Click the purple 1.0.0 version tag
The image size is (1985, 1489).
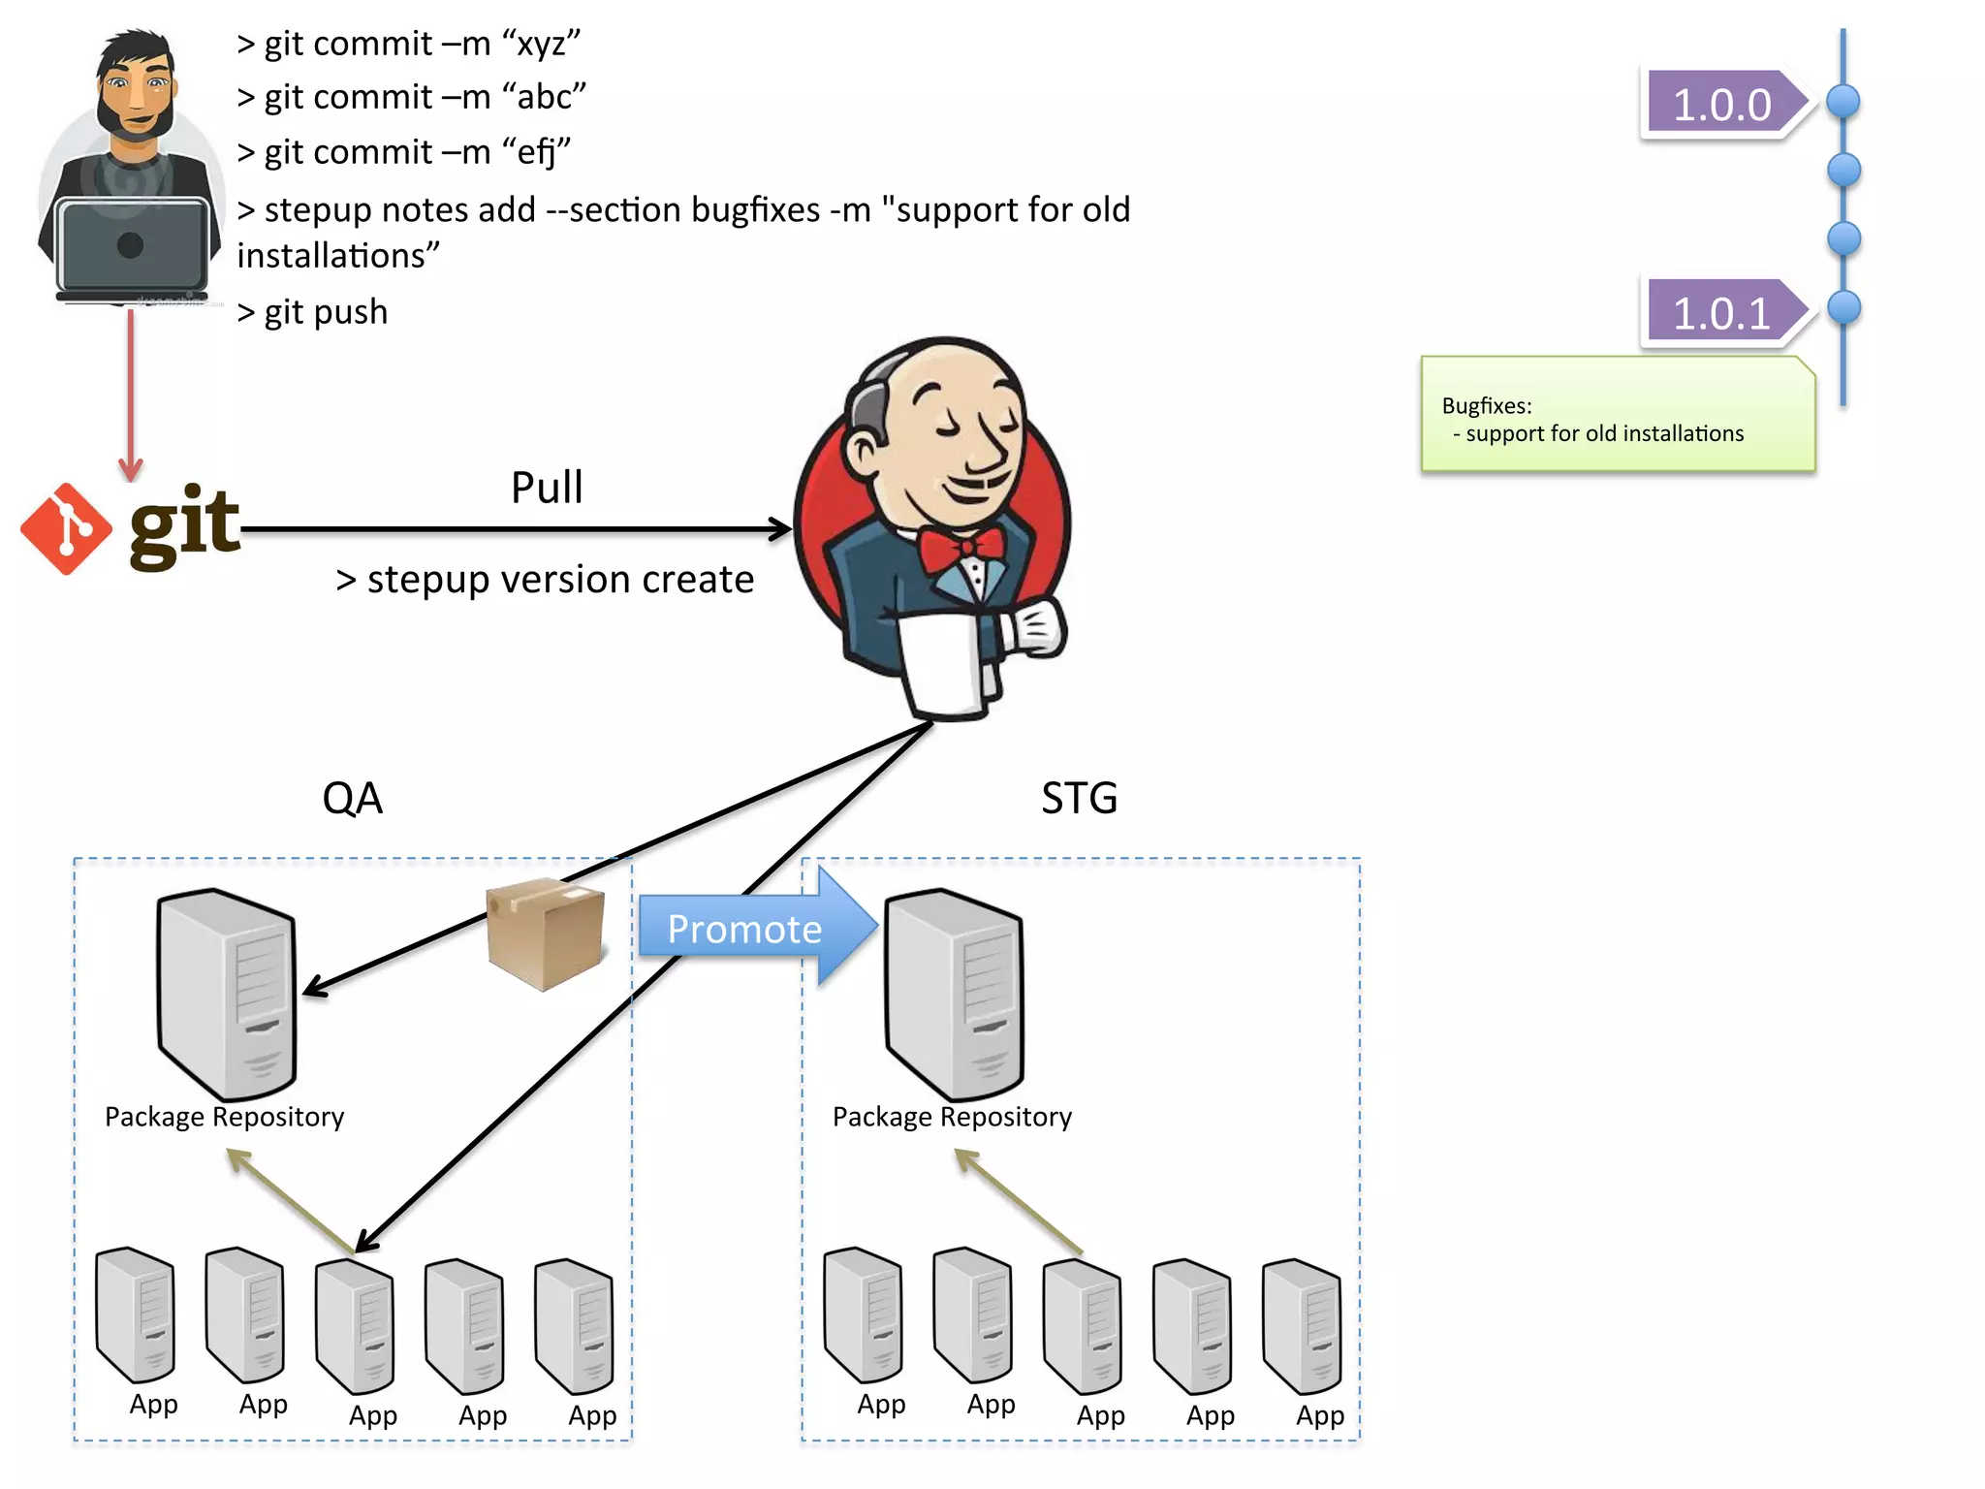pyautogui.click(x=1721, y=103)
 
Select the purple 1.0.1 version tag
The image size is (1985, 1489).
pyautogui.click(x=1721, y=312)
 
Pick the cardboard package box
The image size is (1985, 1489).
pyautogui.click(x=546, y=933)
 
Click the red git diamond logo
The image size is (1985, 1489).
pyautogui.click(x=65, y=529)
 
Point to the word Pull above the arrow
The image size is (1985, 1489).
pyautogui.click(x=547, y=488)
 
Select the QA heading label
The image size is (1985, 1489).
pyautogui.click(x=352, y=799)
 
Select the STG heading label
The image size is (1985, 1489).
pyautogui.click(x=1079, y=799)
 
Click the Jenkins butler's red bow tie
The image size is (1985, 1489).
pyautogui.click(x=961, y=550)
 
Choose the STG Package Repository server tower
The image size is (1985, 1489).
pyautogui.click(x=954, y=994)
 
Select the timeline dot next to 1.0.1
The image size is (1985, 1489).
pyautogui.click(x=1843, y=308)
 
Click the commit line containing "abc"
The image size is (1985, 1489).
pyautogui.click(x=412, y=98)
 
